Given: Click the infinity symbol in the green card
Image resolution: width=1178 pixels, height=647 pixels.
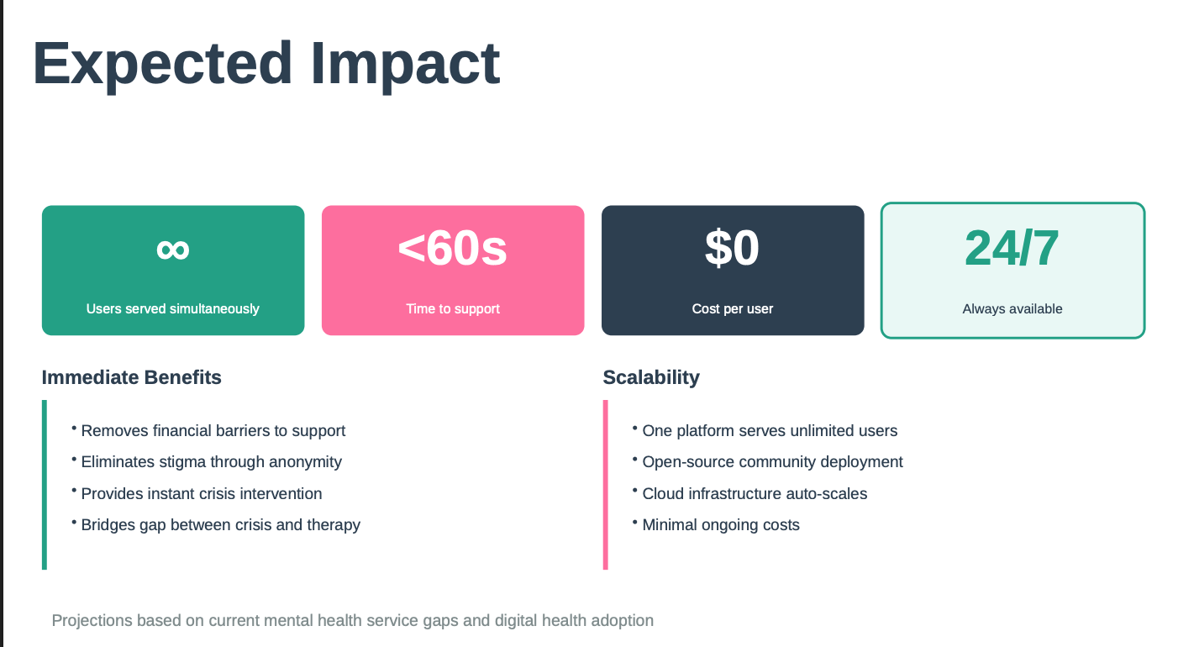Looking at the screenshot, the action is click(173, 250).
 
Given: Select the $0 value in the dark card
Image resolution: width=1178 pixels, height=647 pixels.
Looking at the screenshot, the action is click(732, 248).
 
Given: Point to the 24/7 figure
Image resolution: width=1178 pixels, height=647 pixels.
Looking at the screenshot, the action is click(1012, 248).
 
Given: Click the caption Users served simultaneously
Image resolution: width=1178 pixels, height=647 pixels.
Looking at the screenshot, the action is click(173, 308).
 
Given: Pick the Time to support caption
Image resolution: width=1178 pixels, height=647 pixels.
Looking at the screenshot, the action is click(453, 308).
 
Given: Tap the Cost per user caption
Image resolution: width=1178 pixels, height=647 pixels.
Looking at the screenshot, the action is click(733, 308).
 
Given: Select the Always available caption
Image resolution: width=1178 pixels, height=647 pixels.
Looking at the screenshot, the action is click(1012, 308).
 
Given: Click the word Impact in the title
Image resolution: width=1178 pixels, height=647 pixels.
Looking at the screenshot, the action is click(406, 66).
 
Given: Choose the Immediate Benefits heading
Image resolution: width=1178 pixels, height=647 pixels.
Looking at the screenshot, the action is click(131, 377).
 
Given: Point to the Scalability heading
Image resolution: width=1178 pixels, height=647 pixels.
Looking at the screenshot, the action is click(651, 377).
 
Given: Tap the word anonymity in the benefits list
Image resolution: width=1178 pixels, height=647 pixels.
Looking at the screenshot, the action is click(305, 462).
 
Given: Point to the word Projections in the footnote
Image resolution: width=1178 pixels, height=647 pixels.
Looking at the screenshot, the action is click(92, 621).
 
